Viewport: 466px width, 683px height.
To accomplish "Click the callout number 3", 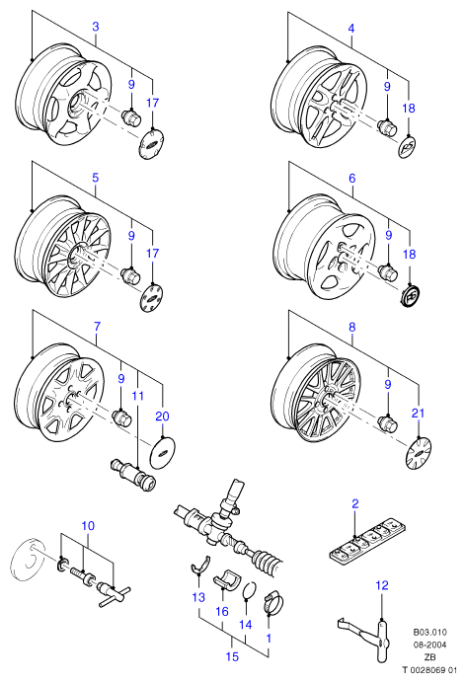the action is pyautogui.click(x=96, y=27).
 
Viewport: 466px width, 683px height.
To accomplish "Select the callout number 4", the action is pyautogui.click(x=351, y=29).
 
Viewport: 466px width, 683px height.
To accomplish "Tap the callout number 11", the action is pyautogui.click(x=137, y=396).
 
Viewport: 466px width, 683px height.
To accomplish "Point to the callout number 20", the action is pyautogui.click(x=162, y=417).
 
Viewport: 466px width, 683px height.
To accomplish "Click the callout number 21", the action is pyautogui.click(x=418, y=413).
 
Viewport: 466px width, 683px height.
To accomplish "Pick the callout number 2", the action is pyautogui.click(x=355, y=504).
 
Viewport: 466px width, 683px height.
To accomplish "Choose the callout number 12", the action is pyautogui.click(x=381, y=585).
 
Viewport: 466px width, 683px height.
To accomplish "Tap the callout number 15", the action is pyautogui.click(x=233, y=656).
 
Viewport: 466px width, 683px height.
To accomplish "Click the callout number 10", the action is pyautogui.click(x=88, y=526).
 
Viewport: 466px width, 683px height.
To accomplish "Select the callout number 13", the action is pyautogui.click(x=198, y=597).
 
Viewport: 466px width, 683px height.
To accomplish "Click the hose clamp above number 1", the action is pyautogui.click(x=272, y=603).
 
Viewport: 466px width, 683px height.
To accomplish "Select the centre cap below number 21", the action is pyautogui.click(x=418, y=453).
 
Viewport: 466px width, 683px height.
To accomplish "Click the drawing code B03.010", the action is pyautogui.click(x=429, y=632).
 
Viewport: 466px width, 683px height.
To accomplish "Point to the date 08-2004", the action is pyautogui.click(x=429, y=645).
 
